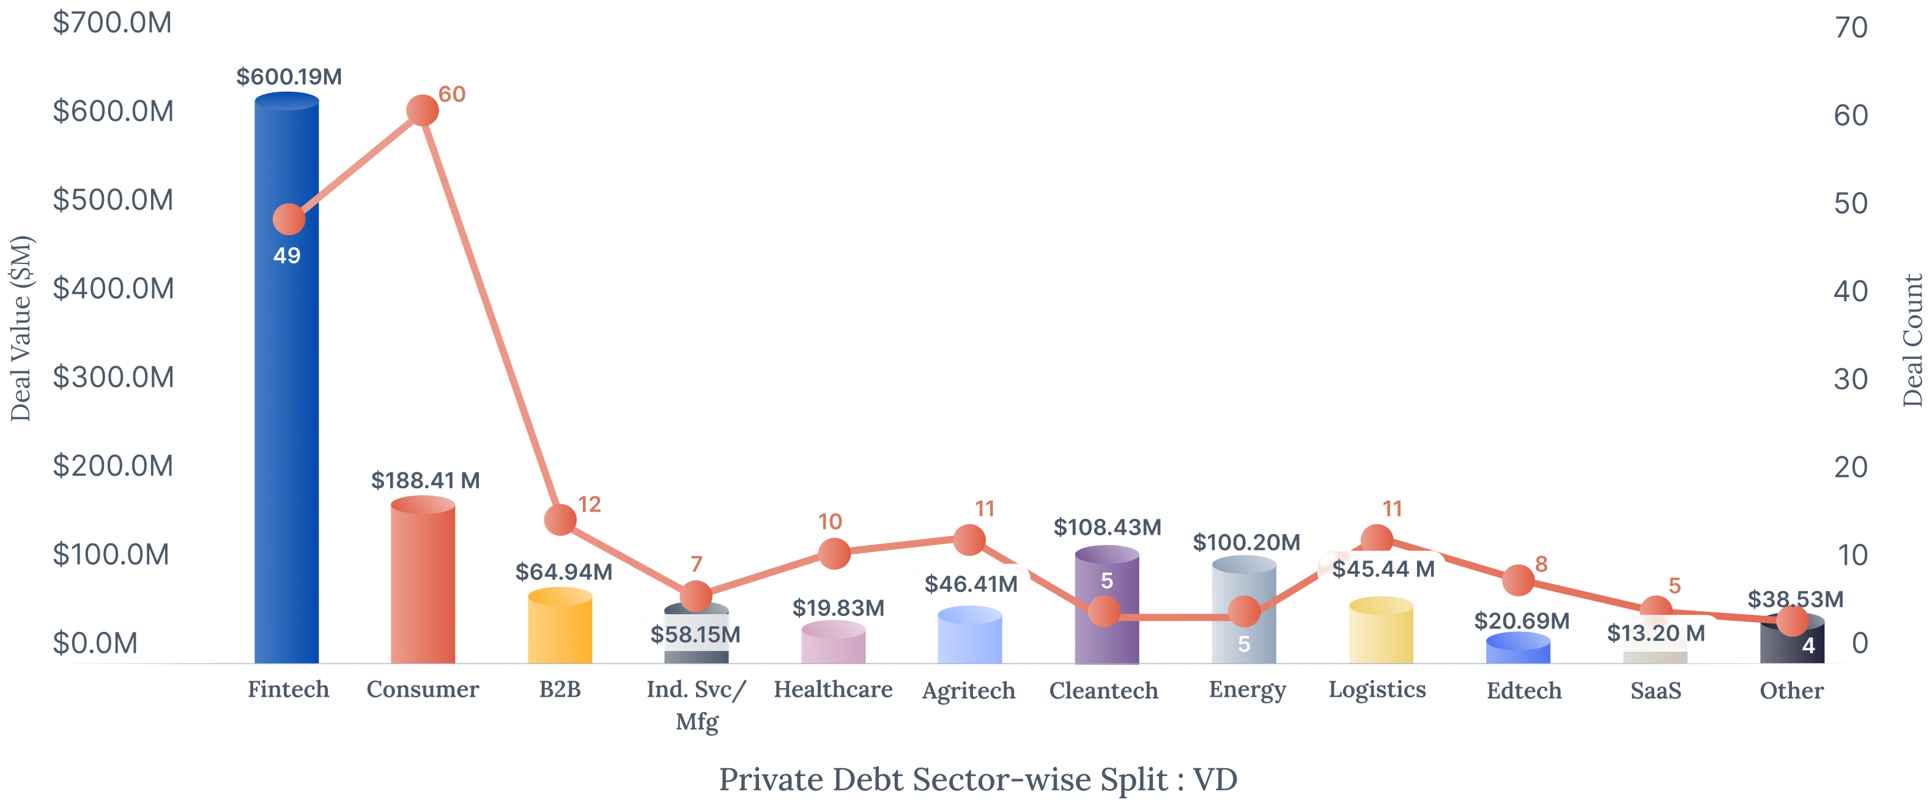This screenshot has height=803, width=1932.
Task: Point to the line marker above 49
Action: [289, 219]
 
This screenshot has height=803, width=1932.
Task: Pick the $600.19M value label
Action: [289, 76]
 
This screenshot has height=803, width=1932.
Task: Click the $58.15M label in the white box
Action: [695, 634]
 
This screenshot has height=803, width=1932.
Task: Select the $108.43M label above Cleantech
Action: [1107, 527]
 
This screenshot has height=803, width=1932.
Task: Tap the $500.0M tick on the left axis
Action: [113, 200]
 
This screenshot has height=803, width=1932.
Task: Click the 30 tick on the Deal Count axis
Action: [1850, 380]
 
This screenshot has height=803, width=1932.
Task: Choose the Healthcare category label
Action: [832, 689]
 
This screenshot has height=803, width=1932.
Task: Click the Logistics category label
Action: [1377, 689]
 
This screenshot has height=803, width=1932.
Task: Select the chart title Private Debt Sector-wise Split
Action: [977, 779]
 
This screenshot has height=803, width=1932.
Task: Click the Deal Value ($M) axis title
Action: [21, 328]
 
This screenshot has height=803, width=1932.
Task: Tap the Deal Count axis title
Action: [1912, 340]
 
